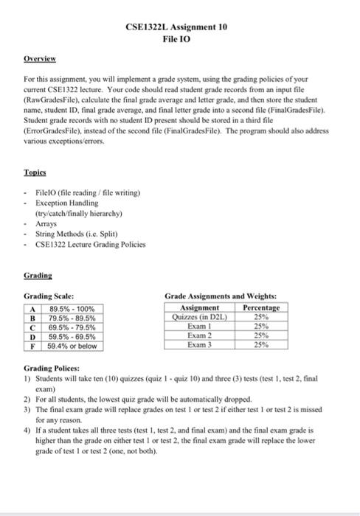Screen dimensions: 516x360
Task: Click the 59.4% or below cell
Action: [72, 345]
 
